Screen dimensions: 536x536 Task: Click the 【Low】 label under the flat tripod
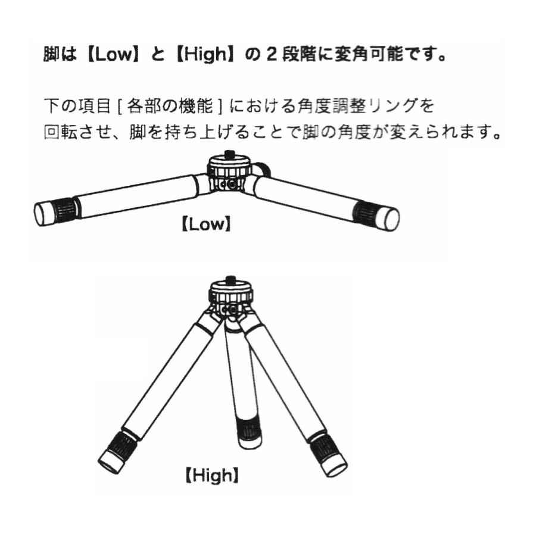pos(207,225)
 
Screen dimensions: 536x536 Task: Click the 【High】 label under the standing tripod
pos(212,475)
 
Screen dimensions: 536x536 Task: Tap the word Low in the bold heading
pos(113,54)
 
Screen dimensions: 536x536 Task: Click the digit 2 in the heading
pos(272,55)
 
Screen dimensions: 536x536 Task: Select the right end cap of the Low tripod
pos(389,219)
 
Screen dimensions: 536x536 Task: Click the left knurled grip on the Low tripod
pos(66,208)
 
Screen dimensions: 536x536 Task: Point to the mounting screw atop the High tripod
pos(230,278)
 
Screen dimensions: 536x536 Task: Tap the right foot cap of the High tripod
pos(334,466)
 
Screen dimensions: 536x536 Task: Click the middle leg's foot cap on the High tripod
pos(251,442)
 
